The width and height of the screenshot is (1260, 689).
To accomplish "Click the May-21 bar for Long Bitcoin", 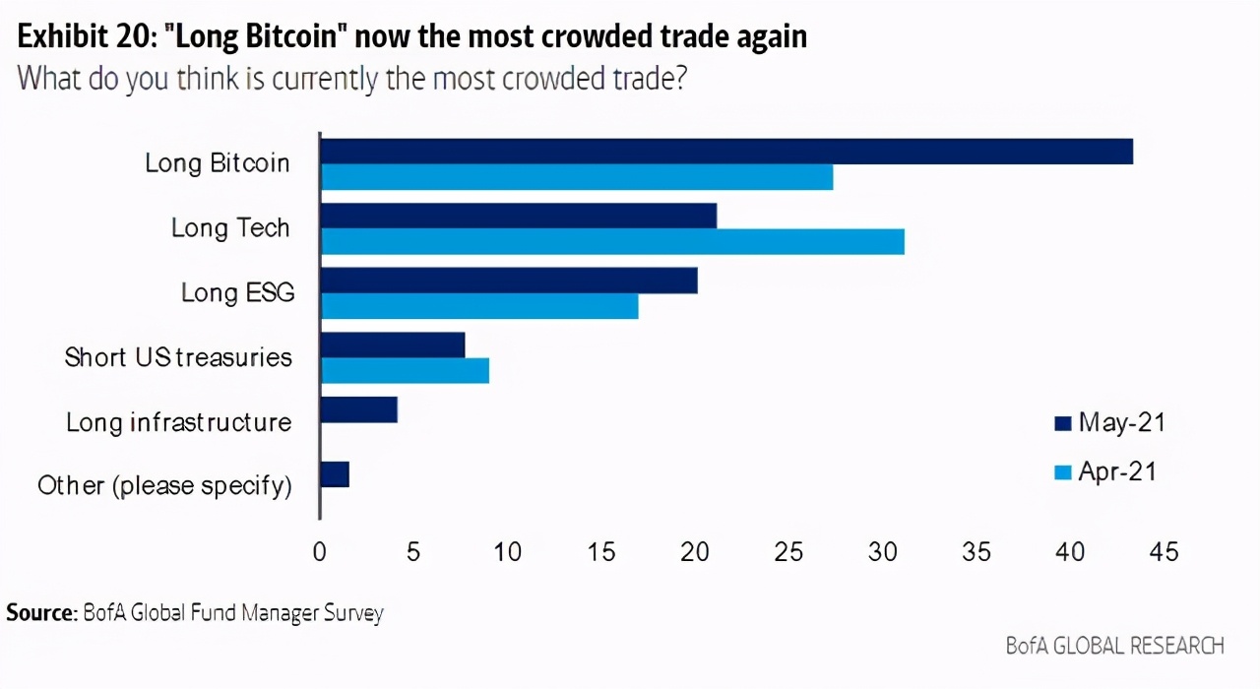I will [x=726, y=152].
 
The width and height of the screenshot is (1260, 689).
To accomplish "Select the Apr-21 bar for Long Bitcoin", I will [x=577, y=177].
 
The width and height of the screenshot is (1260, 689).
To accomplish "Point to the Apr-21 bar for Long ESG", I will [x=479, y=306].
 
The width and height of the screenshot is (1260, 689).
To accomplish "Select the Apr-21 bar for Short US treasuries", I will [x=405, y=370].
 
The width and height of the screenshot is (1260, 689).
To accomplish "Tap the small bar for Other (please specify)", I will [x=335, y=474].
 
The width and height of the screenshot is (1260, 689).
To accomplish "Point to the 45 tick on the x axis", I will [x=1164, y=552].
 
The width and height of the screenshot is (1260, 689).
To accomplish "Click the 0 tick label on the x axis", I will [x=320, y=552].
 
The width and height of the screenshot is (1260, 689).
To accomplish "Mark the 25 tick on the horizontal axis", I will [x=788, y=552].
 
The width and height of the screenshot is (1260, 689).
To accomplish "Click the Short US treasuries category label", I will [x=178, y=356].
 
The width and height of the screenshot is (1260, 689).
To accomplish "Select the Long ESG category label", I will [x=237, y=292].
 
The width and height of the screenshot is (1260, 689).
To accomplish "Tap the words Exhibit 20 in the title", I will [x=84, y=37].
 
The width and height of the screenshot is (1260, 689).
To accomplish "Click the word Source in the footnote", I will [x=40, y=613].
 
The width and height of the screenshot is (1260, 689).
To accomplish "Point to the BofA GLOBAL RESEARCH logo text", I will [x=1115, y=646].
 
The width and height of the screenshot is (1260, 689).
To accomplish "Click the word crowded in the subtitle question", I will [x=547, y=78].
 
